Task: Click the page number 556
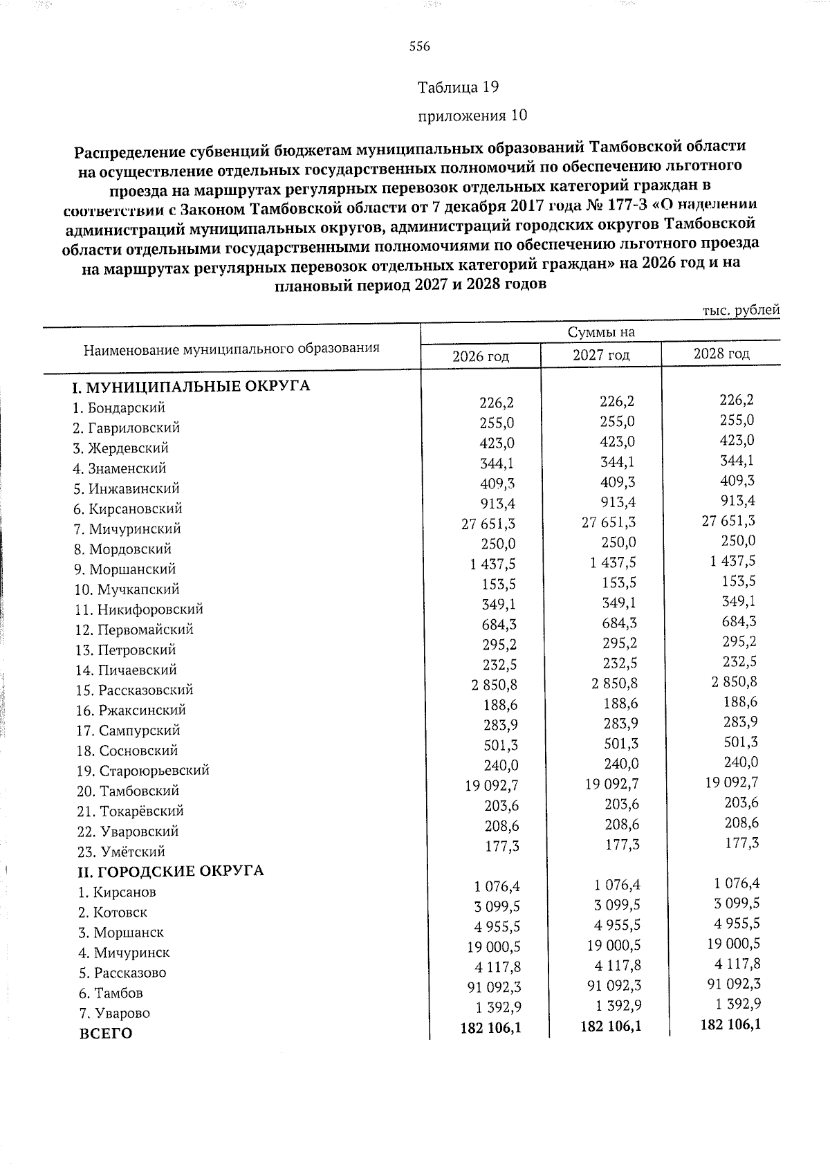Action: pos(419,46)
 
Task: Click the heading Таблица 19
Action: pos(458,87)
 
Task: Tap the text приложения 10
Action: pos(473,116)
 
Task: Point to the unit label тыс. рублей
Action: pos(741,311)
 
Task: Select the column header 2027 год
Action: pos(601,356)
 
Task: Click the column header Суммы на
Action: pos(601,333)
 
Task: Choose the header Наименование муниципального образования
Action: pos(232,348)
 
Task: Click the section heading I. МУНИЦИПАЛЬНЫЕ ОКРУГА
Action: pos(193,386)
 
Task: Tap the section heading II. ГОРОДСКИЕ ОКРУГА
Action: pos(170,870)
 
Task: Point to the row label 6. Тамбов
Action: pos(111,993)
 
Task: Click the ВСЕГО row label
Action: pos(107,1034)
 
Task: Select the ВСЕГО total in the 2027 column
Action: pos(611,1026)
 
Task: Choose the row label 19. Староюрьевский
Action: pos(142,771)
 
